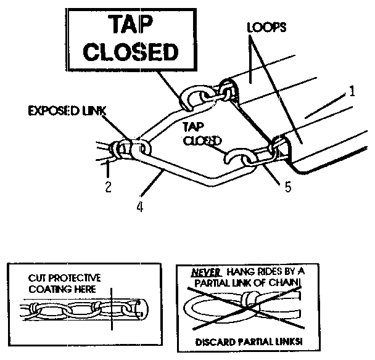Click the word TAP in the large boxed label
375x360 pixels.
131,24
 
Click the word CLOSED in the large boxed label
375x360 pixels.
131,51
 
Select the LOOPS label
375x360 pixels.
266,27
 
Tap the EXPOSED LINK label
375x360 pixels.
67,111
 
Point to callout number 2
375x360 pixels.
109,187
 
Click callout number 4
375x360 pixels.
140,207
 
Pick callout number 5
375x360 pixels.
288,187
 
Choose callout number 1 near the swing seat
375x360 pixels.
352,91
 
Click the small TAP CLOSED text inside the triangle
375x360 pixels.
201,134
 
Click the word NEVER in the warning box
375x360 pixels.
205,272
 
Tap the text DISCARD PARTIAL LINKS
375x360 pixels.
249,342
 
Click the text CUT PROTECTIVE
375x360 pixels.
65,278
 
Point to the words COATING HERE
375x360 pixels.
62,289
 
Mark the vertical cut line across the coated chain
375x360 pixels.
112,309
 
